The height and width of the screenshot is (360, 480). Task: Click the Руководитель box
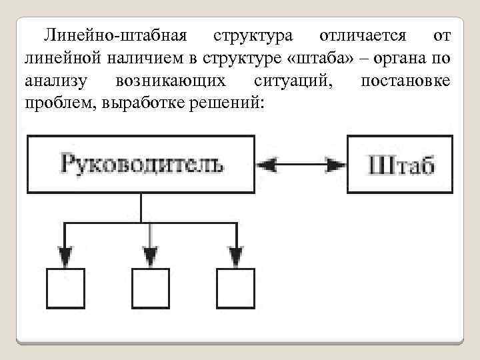pyautogui.click(x=140, y=164)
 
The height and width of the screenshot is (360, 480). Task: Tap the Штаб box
pyautogui.click(x=399, y=164)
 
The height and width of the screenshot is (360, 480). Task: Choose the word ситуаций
pyautogui.click(x=289, y=81)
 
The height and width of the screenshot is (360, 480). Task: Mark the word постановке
pyautogui.click(x=404, y=81)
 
